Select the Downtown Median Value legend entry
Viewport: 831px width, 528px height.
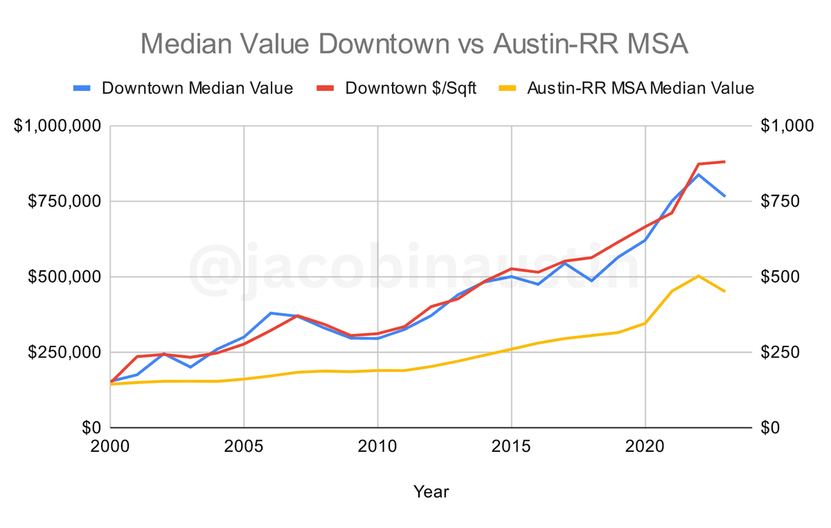[183, 89]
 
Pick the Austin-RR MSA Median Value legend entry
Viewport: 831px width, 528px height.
[626, 89]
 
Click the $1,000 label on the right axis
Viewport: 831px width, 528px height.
[785, 126]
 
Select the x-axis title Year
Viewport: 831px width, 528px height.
[431, 492]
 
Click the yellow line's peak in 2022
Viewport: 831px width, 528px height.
[699, 276]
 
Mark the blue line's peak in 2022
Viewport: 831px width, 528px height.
[699, 174]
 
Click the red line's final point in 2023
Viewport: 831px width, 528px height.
[725, 161]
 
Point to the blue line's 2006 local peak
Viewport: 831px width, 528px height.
[271, 313]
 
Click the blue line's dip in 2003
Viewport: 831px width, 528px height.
[190, 367]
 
